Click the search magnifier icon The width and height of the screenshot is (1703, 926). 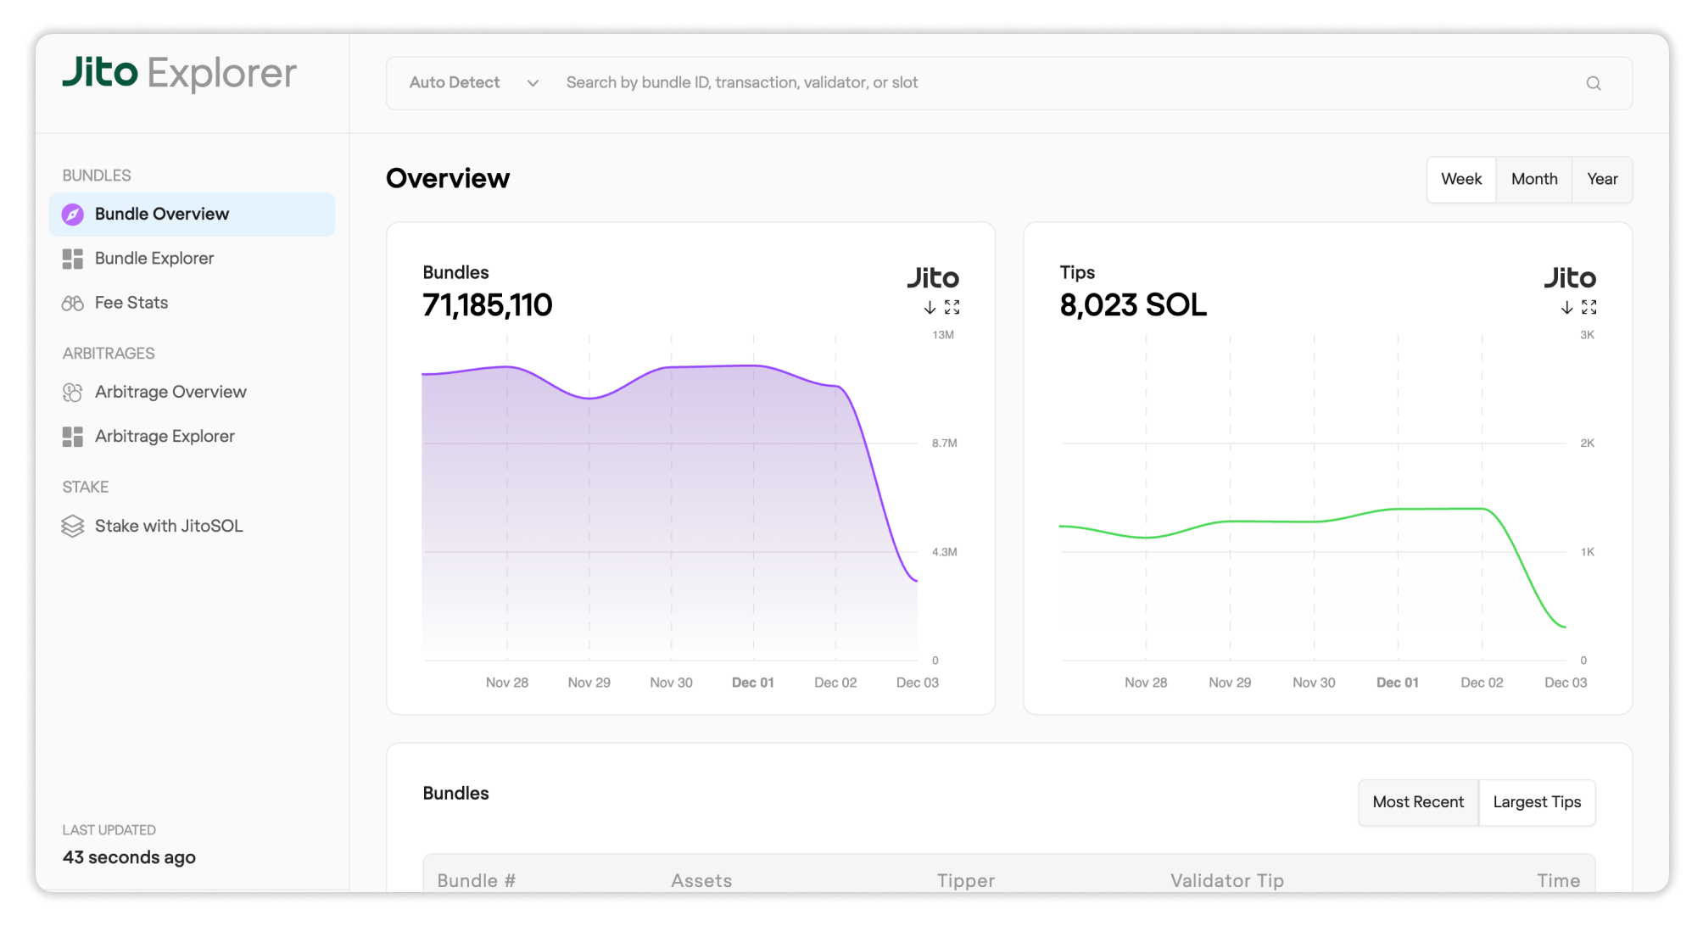tap(1593, 83)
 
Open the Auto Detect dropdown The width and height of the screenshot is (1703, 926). tap(473, 83)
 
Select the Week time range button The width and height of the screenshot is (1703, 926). tap(1460, 179)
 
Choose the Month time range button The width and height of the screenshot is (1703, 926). tap(1533, 179)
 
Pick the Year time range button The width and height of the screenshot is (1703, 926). tap(1601, 179)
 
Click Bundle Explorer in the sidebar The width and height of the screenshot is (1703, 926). tap(154, 259)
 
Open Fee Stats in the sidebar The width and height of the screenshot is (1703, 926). tap(131, 303)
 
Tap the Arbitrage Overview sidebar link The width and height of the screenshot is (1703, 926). tap(170, 392)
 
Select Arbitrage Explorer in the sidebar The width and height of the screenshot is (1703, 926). tap(165, 436)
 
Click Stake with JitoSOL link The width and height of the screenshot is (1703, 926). tap(168, 526)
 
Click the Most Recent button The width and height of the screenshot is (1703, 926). tap(1417, 802)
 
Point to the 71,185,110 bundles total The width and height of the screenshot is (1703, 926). tap(487, 305)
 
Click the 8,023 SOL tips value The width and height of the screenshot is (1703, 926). tap(1132, 305)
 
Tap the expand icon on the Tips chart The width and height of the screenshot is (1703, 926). tap(1589, 307)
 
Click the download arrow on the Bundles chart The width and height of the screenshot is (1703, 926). tap(930, 307)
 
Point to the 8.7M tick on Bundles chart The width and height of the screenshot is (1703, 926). tap(944, 443)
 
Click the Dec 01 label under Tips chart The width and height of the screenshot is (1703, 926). tap(1397, 683)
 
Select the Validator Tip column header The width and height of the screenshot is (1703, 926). tap(1226, 880)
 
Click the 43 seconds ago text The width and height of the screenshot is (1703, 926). tap(129, 857)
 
